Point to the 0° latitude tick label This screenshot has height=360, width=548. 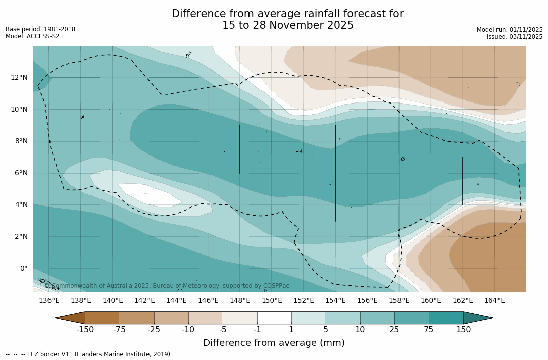click(23, 268)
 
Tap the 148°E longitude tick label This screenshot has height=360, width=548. click(240, 300)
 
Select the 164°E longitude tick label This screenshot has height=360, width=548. click(494, 300)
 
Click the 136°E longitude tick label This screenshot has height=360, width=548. click(49, 300)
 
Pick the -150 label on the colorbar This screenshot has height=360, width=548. click(85, 330)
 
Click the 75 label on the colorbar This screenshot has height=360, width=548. click(429, 330)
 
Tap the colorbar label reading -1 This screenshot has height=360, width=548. click(257, 330)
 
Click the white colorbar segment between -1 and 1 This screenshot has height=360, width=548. click(274, 318)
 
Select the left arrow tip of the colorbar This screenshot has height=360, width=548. click(57, 318)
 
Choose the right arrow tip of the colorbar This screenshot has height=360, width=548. click(491, 318)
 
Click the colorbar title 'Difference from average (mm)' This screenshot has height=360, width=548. click(274, 343)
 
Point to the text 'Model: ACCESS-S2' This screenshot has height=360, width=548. click(32, 36)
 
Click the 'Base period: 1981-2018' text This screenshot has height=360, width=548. click(40, 29)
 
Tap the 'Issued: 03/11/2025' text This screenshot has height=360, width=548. click(515, 37)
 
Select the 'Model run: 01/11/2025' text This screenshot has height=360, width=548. click(510, 30)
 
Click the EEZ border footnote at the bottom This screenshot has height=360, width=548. click(89, 354)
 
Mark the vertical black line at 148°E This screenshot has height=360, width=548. click(240, 149)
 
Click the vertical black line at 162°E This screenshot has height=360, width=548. click(463, 181)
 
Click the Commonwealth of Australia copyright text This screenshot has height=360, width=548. click(167, 286)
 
